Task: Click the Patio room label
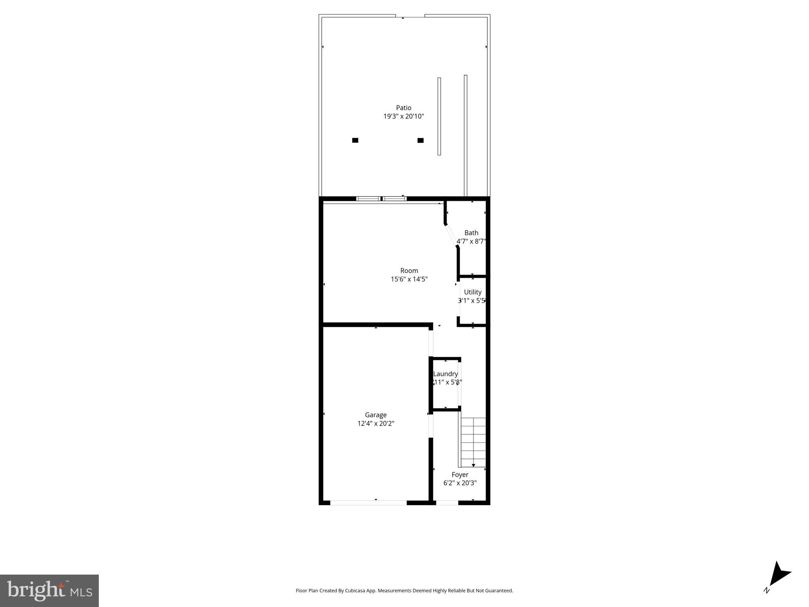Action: point(404,108)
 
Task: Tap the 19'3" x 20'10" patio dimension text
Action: point(404,117)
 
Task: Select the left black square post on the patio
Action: point(355,140)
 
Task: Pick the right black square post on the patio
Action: point(421,140)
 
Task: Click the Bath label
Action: point(471,233)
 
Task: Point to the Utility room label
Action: point(473,292)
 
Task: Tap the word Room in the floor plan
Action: point(409,271)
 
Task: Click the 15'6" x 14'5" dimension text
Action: point(409,279)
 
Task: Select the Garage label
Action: point(375,415)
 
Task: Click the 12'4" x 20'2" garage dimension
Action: point(375,424)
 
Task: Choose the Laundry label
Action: point(445,374)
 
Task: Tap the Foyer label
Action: point(460,475)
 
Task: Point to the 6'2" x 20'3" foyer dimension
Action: point(460,483)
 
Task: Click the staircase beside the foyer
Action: point(473,442)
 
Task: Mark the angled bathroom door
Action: point(451,236)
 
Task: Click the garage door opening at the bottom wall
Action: point(368,503)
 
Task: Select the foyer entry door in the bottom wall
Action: point(447,503)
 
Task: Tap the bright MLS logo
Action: point(49,590)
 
